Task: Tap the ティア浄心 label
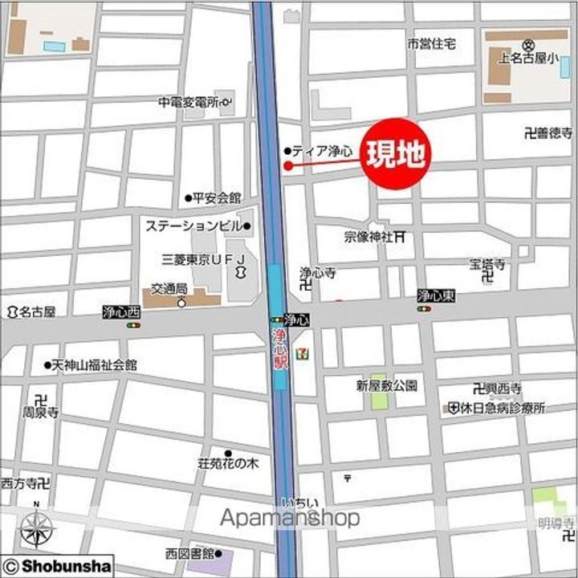(x=322, y=151)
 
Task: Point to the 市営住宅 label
(x=431, y=43)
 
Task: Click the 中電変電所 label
(x=189, y=102)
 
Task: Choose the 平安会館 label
(x=217, y=197)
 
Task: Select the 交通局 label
(x=170, y=288)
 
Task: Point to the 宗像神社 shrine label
(x=368, y=237)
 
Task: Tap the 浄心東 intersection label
(x=436, y=296)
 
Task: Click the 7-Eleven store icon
(x=300, y=354)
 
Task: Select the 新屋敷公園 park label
(x=387, y=385)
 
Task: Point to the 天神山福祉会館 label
(x=95, y=364)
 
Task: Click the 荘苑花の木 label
(x=228, y=464)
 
